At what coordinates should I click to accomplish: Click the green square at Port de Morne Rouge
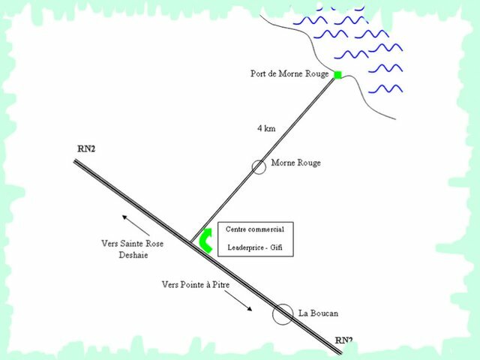337,75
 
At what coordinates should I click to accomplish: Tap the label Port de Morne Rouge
289,73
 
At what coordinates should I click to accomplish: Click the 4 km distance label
266,128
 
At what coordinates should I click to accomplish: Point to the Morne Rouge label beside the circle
296,163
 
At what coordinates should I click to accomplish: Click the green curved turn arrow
205,240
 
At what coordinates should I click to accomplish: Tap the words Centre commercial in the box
255,229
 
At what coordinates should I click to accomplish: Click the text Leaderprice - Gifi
255,247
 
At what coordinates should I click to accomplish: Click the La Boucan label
318,313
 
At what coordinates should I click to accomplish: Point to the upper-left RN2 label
86,148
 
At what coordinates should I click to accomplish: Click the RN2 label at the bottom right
343,340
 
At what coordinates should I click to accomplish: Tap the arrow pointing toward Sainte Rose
136,225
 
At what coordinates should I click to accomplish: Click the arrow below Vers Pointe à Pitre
238,301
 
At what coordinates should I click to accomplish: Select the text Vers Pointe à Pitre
196,284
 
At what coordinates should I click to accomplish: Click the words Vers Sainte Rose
133,243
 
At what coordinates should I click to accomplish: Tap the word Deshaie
133,255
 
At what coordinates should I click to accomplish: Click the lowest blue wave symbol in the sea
385,88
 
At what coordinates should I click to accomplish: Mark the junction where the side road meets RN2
191,241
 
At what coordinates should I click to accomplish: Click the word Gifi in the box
276,247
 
